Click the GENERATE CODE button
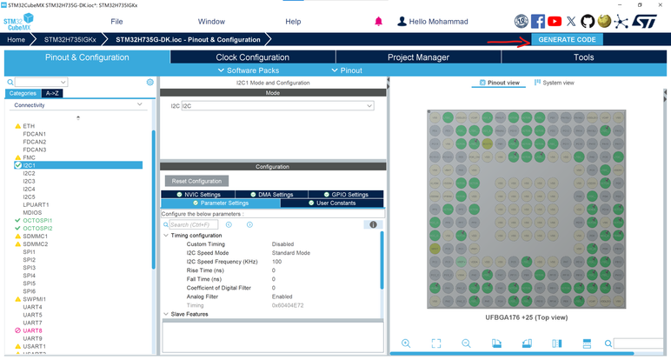(567, 40)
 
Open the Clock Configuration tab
(252, 57)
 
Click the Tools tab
(583, 57)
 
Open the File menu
(116, 21)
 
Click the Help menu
(293, 21)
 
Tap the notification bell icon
(378, 21)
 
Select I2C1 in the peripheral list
(30, 165)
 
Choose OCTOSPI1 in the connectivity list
(37, 220)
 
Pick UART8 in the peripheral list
(32, 330)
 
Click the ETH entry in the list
(29, 126)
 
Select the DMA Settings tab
(276, 195)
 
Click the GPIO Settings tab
(349, 195)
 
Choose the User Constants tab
(335, 203)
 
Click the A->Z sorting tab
(52, 93)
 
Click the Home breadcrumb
(16, 40)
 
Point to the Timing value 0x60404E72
(289, 305)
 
